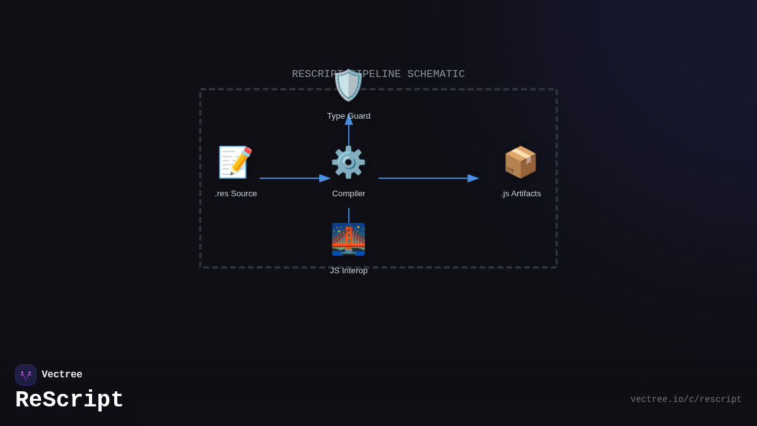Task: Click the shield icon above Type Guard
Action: (x=349, y=85)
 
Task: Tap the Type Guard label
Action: (x=349, y=116)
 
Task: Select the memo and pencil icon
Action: (x=235, y=162)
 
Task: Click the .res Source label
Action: (x=236, y=194)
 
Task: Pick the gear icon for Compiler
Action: (x=348, y=162)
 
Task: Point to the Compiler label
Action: (x=349, y=194)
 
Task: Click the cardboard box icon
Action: (x=520, y=162)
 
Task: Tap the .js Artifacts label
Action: (x=521, y=194)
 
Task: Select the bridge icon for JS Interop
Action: (x=348, y=239)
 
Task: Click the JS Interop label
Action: (x=349, y=271)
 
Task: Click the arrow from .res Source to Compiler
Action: (x=294, y=179)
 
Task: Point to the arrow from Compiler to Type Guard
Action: (x=349, y=133)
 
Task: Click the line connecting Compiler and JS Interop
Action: (x=349, y=215)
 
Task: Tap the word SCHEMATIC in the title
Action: (x=436, y=74)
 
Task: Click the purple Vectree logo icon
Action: (x=26, y=375)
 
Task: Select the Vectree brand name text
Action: (x=62, y=375)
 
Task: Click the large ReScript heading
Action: (x=69, y=400)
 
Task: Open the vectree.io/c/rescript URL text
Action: (x=686, y=399)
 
